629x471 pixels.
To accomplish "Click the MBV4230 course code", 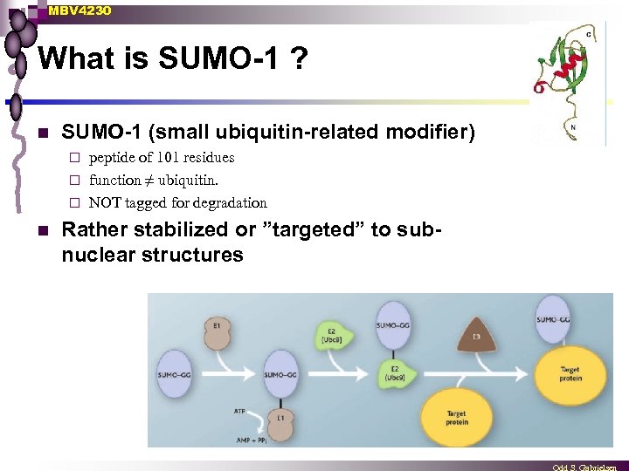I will (79, 10).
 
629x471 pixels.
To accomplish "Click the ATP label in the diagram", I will (240, 408).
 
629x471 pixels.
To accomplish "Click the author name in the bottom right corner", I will (590, 466).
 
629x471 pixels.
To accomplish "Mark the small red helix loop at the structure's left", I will (539, 87).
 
